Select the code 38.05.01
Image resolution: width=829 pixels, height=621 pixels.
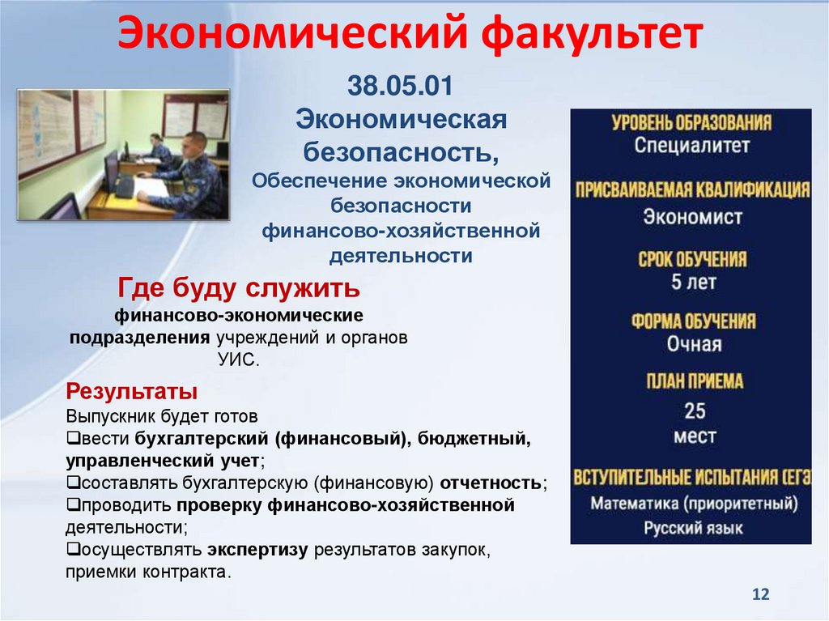[x=401, y=84]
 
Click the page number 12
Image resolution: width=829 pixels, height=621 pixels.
[x=760, y=594]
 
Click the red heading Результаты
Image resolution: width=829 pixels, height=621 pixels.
[x=132, y=392]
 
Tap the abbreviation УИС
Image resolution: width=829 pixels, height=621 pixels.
[x=239, y=358]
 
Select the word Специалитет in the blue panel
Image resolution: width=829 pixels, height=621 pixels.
[x=691, y=147]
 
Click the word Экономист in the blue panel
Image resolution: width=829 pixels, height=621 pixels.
[x=692, y=217]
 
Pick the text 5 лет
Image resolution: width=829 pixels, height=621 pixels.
[x=693, y=283]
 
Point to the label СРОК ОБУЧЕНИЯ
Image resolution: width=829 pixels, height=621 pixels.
[x=692, y=260]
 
